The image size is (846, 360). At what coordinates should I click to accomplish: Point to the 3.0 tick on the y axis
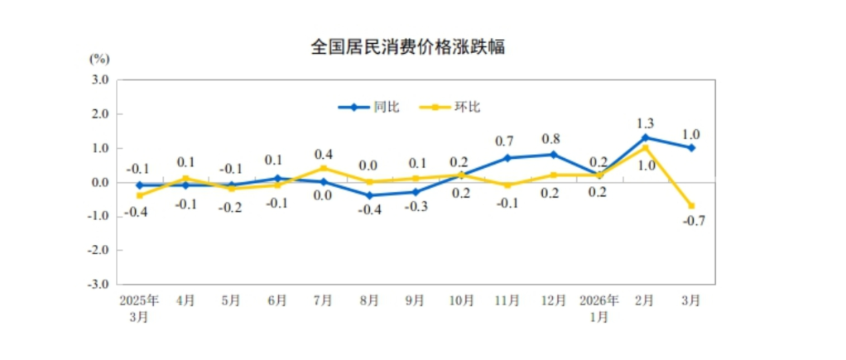100,80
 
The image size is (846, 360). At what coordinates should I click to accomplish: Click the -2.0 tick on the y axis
99,250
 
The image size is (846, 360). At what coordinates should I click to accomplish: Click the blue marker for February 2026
646,137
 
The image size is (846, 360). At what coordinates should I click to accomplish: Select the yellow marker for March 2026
691,206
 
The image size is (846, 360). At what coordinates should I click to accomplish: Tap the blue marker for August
370,195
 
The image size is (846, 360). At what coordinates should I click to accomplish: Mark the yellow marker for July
324,168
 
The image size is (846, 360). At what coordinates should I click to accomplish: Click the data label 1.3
646,120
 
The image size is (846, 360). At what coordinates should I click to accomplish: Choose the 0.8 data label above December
553,138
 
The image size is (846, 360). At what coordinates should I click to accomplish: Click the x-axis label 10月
461,300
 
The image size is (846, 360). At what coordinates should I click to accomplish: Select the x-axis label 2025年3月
139,307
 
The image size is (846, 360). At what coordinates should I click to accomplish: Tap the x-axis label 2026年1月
599,307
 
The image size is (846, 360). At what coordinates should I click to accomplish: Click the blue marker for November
507,157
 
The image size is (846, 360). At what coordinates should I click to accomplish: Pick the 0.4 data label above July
323,154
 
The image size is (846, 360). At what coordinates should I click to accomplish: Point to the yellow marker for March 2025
139,195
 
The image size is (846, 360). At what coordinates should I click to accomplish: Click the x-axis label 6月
277,300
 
